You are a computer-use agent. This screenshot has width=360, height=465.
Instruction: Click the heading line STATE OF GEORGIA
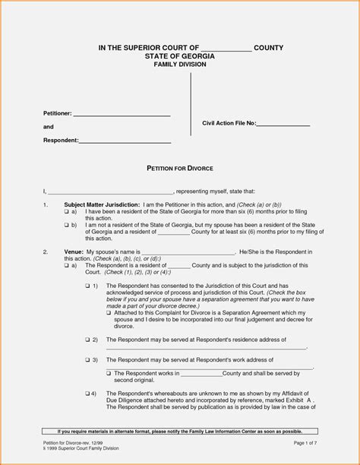pos(179,56)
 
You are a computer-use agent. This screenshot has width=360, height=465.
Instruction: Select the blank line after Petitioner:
pos(122,114)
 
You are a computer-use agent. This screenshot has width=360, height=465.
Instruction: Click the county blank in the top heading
pos(226,49)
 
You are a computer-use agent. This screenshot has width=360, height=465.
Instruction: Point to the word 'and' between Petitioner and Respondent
pos(48,128)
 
